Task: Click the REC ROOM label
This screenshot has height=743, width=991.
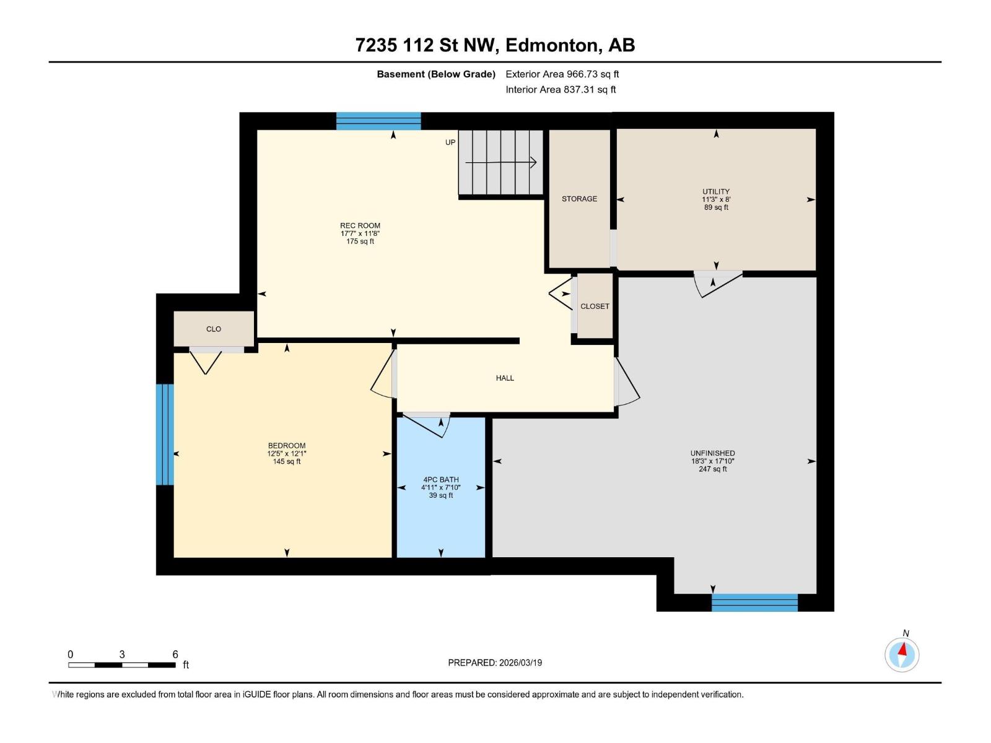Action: tap(360, 225)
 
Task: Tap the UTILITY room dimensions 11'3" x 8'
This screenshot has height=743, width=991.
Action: tap(716, 199)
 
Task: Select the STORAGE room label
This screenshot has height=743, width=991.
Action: tap(579, 199)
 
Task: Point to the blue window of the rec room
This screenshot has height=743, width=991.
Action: tap(378, 121)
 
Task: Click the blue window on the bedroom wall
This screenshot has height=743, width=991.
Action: tap(165, 434)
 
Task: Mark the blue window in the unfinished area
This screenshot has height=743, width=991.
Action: tap(754, 602)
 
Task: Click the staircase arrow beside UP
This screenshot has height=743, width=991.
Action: tap(500, 163)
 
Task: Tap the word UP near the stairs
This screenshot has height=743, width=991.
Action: tap(450, 142)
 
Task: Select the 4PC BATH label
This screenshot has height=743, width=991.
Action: tap(441, 479)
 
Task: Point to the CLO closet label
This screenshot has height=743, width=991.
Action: tap(214, 329)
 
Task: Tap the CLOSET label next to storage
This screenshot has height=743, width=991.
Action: tap(595, 306)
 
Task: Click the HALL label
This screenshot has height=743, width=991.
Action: tap(505, 378)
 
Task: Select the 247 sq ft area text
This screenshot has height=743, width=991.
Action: tap(712, 469)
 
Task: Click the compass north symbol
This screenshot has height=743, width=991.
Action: tap(902, 654)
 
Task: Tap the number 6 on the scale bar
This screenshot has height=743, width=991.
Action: tap(175, 654)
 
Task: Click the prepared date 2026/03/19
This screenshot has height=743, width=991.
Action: tap(520, 663)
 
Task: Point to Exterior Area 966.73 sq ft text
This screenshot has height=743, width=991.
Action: tap(562, 74)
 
